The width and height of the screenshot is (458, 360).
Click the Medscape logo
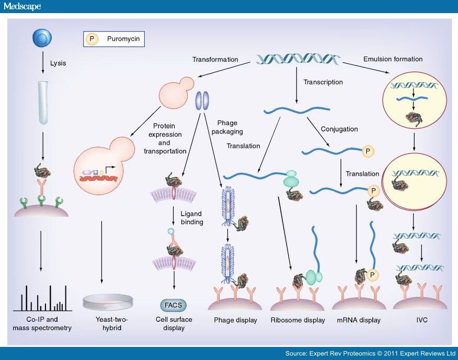pyautogui.click(x=22, y=6)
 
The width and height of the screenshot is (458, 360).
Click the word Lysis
pyautogui.click(x=58, y=64)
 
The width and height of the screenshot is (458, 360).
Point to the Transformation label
pyautogui.click(x=215, y=60)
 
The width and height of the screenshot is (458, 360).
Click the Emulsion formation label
pyautogui.click(x=392, y=59)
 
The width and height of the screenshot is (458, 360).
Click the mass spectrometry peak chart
pyautogui.click(x=42, y=298)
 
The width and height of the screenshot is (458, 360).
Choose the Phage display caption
pyautogui.click(x=235, y=320)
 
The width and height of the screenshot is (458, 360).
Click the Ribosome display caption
pyautogui.click(x=297, y=320)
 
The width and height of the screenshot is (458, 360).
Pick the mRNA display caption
pyautogui.click(x=359, y=320)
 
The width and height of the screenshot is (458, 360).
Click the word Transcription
pyautogui.click(x=323, y=82)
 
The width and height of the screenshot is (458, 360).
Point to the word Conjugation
pyautogui.click(x=339, y=129)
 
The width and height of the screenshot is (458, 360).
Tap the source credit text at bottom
pyautogui.click(x=370, y=353)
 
